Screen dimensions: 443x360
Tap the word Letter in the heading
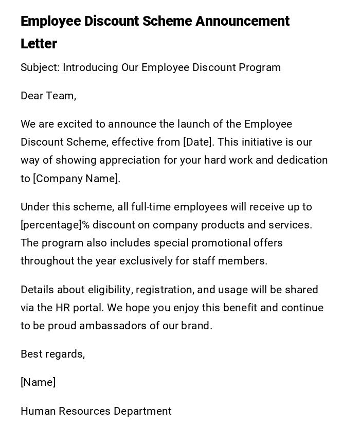[x=39, y=44]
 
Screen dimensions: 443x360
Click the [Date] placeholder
[x=197, y=142]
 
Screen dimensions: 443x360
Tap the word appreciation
[x=130, y=160]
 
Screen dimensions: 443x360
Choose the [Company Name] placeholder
[x=77, y=179]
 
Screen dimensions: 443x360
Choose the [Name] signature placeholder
[x=38, y=382]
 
